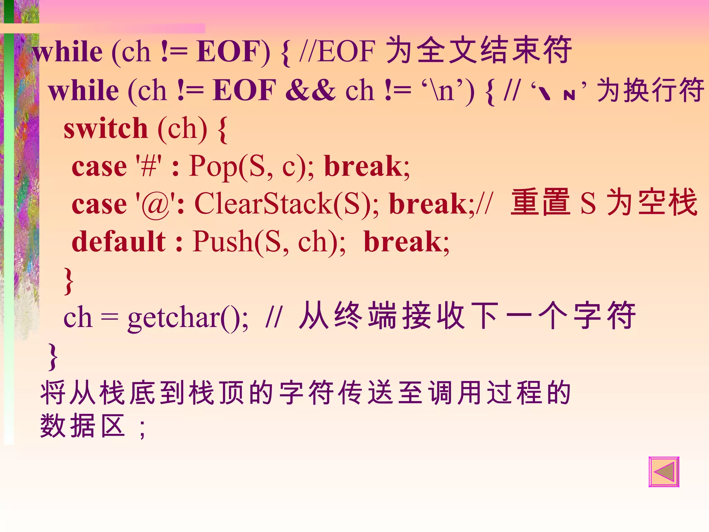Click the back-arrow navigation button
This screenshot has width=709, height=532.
click(664, 472)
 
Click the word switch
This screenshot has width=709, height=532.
click(106, 129)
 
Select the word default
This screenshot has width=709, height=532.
click(118, 242)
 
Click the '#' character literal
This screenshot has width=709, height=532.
click(149, 167)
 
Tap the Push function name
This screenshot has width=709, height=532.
click(223, 242)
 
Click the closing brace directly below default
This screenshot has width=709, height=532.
click(69, 281)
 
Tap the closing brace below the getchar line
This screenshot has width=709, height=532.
click(53, 357)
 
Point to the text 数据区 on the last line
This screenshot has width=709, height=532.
click(82, 426)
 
